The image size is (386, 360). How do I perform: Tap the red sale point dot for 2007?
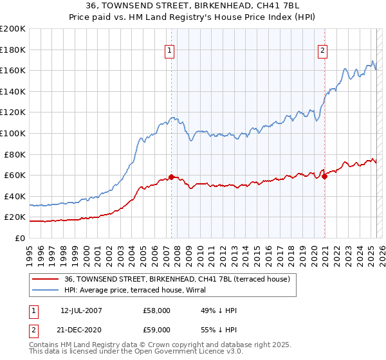(172, 177)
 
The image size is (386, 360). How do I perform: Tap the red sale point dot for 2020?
(325, 176)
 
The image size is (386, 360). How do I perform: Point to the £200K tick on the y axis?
(13, 28)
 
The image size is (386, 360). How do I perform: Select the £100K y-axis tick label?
(13, 133)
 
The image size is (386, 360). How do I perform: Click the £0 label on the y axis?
(19, 238)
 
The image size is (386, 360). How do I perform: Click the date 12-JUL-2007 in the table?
(80, 310)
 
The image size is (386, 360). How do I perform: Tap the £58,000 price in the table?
(157, 310)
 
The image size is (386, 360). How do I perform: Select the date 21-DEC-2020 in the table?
(81, 329)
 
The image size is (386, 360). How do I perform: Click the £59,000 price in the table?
(157, 329)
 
